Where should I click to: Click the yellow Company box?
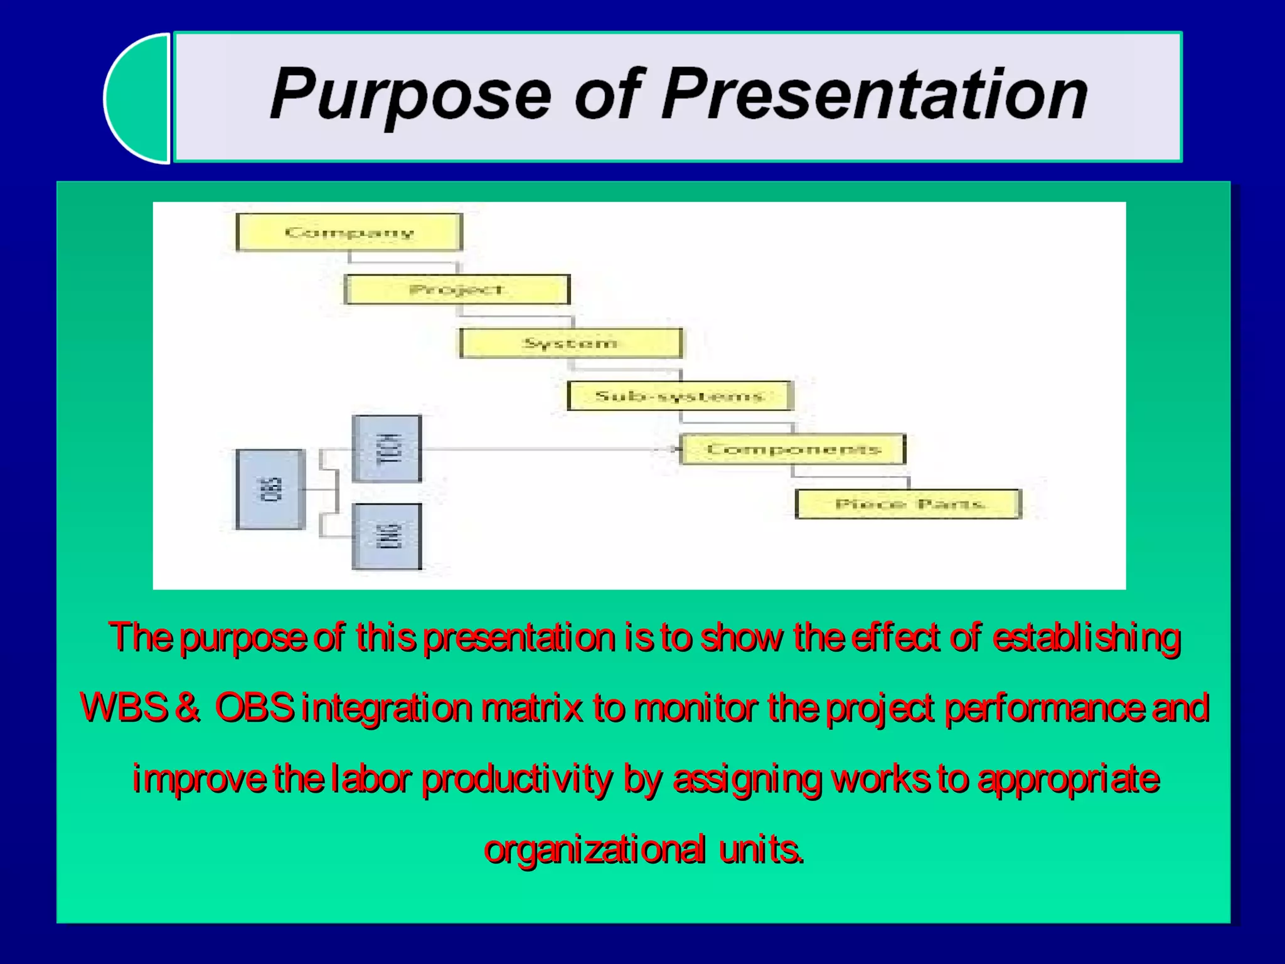349,232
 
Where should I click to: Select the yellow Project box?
457,289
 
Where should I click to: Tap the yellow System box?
570,343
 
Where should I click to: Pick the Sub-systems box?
680,396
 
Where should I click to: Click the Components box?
793,449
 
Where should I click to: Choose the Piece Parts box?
908,504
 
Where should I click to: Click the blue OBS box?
270,490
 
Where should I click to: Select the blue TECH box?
387,448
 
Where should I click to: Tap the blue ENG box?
387,537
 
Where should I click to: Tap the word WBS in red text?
124,707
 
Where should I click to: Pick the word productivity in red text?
516,779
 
